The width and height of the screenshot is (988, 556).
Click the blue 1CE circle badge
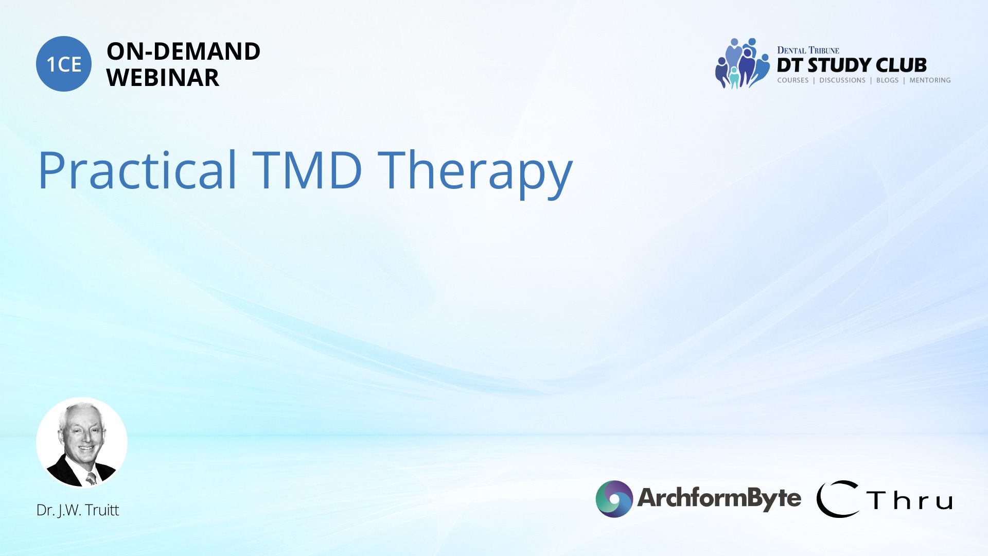click(x=64, y=64)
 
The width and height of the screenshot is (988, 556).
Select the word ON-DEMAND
click(x=183, y=51)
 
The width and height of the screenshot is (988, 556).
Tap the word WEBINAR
click(x=163, y=78)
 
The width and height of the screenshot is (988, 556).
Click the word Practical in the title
click(x=137, y=170)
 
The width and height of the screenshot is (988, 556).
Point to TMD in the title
click(x=307, y=170)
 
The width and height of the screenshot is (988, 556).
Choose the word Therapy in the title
click(x=475, y=172)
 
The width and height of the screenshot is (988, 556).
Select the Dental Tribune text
click(x=808, y=50)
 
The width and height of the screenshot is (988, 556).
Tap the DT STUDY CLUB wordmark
click(x=852, y=65)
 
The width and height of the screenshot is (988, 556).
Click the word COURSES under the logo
click(x=792, y=80)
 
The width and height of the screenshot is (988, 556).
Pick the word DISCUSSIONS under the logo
click(x=842, y=80)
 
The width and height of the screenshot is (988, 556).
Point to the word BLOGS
click(x=887, y=80)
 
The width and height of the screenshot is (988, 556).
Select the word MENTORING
click(x=930, y=80)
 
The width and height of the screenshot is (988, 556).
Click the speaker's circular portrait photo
click(x=82, y=442)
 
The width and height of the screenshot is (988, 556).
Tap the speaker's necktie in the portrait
click(x=91, y=478)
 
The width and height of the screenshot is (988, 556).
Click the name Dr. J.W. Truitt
click(x=78, y=510)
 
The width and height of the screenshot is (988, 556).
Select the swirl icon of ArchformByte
click(x=614, y=499)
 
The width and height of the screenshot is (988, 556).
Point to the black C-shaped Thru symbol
click(x=838, y=499)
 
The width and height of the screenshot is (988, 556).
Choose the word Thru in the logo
click(x=909, y=500)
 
